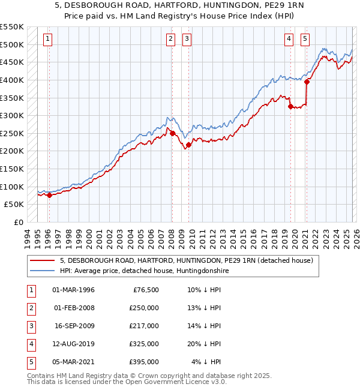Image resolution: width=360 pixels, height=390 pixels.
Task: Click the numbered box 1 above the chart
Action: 48,39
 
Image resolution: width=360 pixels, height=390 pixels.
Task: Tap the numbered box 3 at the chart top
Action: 187,39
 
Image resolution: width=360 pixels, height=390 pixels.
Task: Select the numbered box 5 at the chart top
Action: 305,39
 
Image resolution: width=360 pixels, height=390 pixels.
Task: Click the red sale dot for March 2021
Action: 307,82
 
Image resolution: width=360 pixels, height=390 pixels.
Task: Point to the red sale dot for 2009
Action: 188,145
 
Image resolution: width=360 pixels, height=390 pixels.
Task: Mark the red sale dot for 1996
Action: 49,194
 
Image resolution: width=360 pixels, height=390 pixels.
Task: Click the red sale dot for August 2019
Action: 290,106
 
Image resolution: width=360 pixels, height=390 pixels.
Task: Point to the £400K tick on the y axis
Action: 12,80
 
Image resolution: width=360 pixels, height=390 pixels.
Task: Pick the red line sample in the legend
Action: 43,260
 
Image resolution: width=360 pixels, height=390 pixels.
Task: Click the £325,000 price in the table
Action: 144,344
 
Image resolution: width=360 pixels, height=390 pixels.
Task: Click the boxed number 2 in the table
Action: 30,308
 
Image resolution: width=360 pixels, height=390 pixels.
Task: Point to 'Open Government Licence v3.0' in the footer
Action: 174,382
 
